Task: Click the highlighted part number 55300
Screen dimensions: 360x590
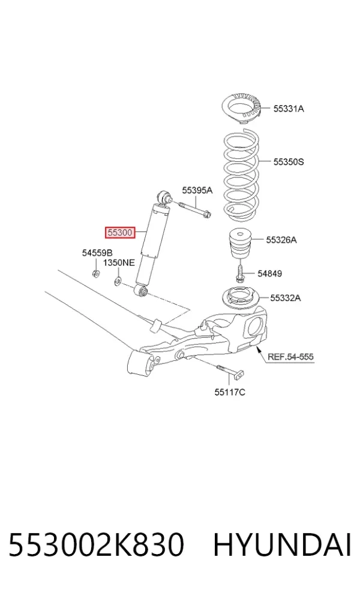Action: (120, 233)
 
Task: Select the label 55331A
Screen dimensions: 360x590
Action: (289, 109)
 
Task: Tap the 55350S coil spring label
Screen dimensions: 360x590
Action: (289, 162)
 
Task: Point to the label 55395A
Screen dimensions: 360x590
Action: (197, 191)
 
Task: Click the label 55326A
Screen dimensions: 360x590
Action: (281, 240)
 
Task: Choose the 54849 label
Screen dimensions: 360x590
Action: (269, 273)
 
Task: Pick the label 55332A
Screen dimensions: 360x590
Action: (286, 298)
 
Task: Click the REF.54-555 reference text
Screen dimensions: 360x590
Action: (290, 356)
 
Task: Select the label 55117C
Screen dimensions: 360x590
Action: (230, 392)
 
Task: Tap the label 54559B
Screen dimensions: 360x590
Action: (97, 253)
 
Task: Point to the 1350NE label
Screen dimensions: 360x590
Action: (119, 263)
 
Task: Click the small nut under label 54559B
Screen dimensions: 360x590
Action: (96, 273)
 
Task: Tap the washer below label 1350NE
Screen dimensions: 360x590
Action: (118, 281)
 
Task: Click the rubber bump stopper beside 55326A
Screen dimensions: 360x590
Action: (240, 243)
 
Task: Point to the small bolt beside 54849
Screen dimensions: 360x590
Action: (240, 273)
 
